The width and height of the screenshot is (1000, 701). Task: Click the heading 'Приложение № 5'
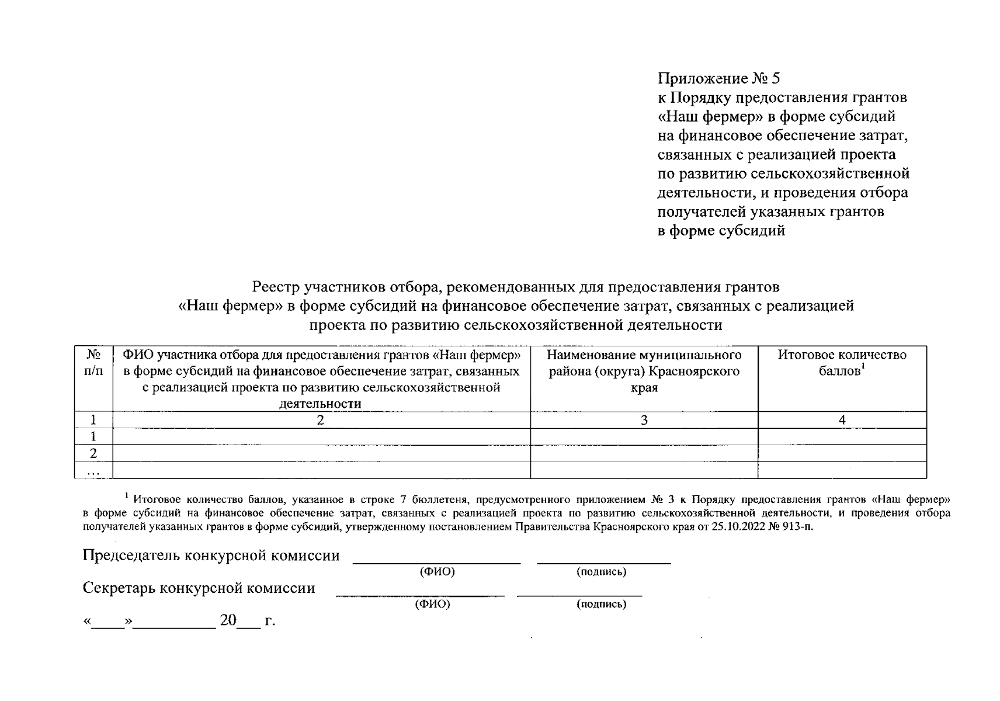[x=718, y=78]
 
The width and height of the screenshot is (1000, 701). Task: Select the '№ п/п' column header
[x=93, y=363]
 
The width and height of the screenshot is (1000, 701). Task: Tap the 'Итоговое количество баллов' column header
[x=842, y=363]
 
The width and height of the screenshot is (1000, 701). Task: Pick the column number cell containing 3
[x=644, y=420]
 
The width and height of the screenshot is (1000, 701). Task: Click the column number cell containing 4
[x=842, y=420]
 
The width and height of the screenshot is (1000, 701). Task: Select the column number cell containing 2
[x=321, y=420]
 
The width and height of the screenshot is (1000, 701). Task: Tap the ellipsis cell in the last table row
[x=93, y=471]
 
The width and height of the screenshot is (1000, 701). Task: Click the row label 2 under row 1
[x=93, y=453]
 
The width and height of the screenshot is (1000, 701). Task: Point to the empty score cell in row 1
[x=842, y=436]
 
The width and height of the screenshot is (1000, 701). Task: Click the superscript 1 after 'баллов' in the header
[x=863, y=367]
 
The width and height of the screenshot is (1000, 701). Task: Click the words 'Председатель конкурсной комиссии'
[x=211, y=555]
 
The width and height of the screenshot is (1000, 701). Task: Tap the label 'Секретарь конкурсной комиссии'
[x=199, y=588]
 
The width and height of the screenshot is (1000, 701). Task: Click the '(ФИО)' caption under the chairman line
[x=437, y=572]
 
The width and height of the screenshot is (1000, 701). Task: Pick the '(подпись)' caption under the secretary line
[x=601, y=604]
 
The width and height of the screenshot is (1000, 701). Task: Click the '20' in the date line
[x=228, y=620]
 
